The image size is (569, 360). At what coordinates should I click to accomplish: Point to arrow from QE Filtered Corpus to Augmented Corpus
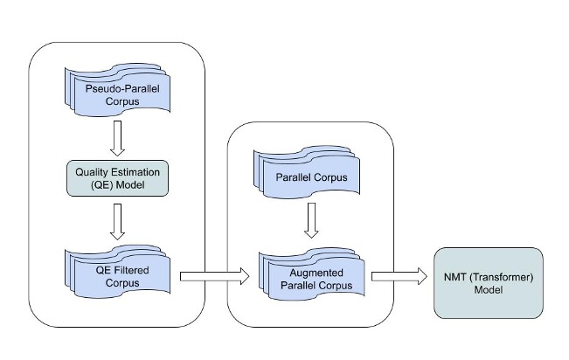click(213, 277)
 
